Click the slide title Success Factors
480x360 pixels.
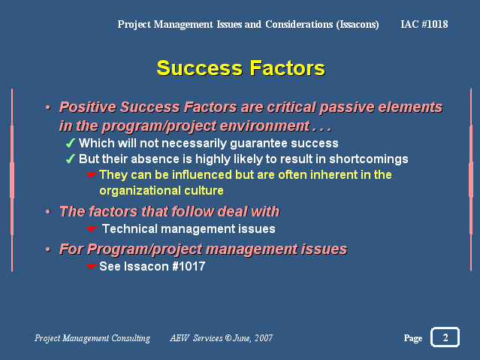(241, 68)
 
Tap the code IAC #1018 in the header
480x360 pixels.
(424, 24)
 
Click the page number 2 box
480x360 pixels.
(445, 337)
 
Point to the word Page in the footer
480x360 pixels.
(413, 338)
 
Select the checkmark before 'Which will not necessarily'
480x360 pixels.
(71, 143)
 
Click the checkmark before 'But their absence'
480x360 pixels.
(71, 159)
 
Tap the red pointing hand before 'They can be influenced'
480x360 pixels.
(91, 174)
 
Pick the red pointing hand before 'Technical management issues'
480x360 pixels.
(91, 228)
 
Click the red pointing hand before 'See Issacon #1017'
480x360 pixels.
(91, 266)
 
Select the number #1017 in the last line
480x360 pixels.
(189, 266)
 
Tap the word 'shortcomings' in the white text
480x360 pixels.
(369, 159)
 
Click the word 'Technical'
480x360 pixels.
(130, 228)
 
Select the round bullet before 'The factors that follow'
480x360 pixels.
(48, 211)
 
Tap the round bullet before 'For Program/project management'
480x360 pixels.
(48, 249)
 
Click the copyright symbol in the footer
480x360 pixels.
(228, 338)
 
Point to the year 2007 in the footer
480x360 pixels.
(264, 338)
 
